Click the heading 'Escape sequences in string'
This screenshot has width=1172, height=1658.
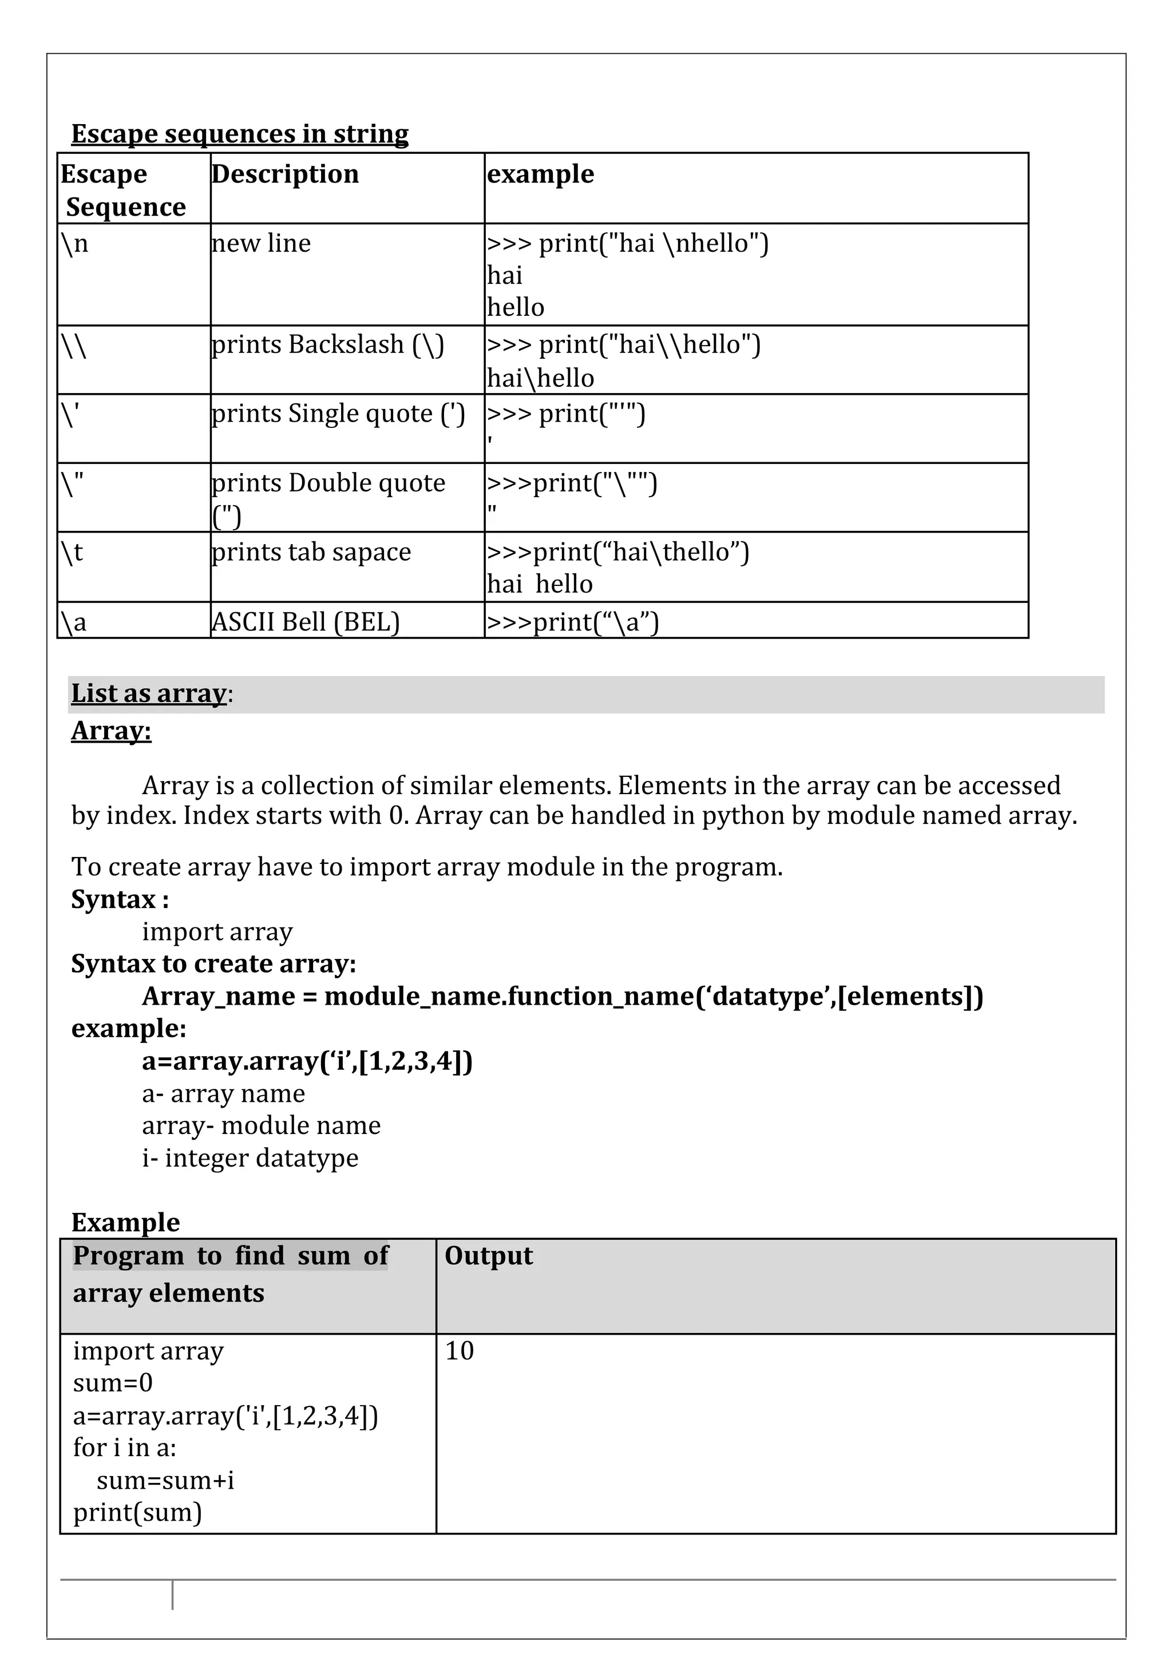pyautogui.click(x=240, y=134)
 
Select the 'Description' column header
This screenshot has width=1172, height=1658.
pyautogui.click(x=285, y=174)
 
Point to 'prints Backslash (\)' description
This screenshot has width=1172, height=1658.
pyautogui.click(x=328, y=344)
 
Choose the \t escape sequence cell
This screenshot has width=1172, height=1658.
pyautogui.click(x=72, y=553)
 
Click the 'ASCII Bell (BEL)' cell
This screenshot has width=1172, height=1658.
pyautogui.click(x=306, y=622)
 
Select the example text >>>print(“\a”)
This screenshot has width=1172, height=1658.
pyautogui.click(x=573, y=622)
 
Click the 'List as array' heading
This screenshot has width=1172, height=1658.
pyautogui.click(x=149, y=693)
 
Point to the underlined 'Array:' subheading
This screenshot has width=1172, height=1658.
pyautogui.click(x=111, y=731)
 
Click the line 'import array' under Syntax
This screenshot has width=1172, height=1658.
pyautogui.click(x=217, y=931)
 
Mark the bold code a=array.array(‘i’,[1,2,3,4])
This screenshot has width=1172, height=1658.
pyautogui.click(x=307, y=1061)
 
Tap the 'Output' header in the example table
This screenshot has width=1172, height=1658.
pyautogui.click(x=489, y=1256)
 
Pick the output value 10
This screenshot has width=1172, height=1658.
pyautogui.click(x=460, y=1351)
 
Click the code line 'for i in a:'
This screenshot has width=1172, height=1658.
pyautogui.click(x=125, y=1448)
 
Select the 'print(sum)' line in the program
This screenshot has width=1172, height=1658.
pyautogui.click(x=137, y=1512)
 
